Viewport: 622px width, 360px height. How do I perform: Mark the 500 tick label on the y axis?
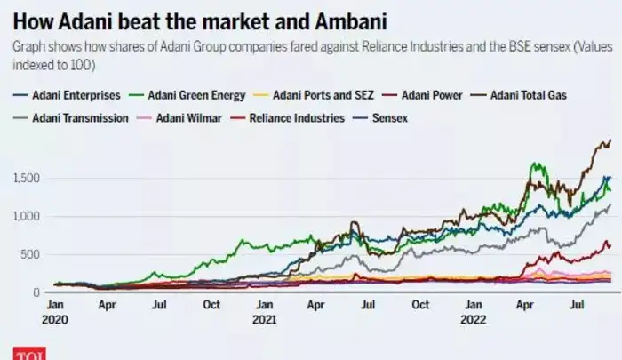[x=31, y=255]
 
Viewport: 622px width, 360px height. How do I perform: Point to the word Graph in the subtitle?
[x=27, y=45]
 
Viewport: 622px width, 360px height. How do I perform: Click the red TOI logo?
[x=28, y=353]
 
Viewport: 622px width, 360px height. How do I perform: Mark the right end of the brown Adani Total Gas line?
[x=610, y=140]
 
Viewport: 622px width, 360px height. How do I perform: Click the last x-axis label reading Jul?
[x=578, y=304]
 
